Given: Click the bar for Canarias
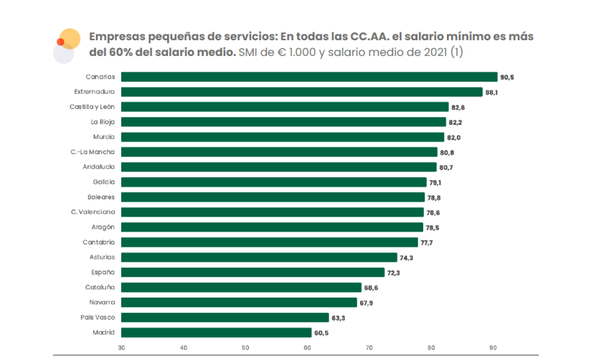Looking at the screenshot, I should [x=308, y=77].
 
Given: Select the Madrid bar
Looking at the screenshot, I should [x=216, y=333].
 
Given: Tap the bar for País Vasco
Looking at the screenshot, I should [x=225, y=318].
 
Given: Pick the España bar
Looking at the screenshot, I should [x=253, y=273].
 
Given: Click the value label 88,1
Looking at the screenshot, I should [x=491, y=92].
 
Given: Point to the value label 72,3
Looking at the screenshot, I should [x=394, y=273].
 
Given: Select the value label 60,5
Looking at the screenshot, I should [x=321, y=333].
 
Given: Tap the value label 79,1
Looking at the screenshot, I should [x=435, y=182].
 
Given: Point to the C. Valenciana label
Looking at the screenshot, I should [x=93, y=212].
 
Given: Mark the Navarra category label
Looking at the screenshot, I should [x=102, y=303].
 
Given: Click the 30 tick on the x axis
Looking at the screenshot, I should [x=121, y=348].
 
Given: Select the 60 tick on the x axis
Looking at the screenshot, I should [x=307, y=348].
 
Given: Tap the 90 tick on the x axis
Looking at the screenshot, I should [x=493, y=348].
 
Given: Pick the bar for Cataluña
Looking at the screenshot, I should [x=240, y=288].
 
